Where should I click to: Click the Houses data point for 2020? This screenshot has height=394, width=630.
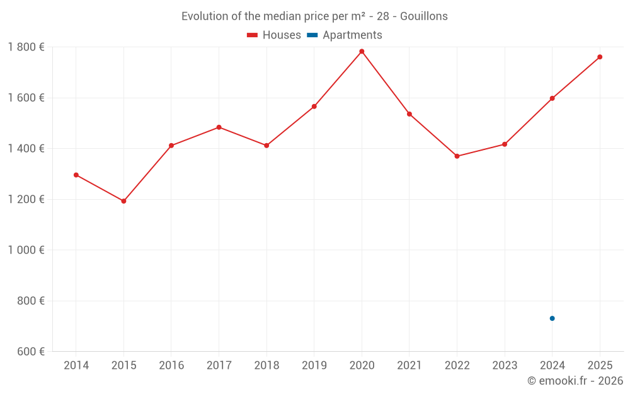(x=362, y=52)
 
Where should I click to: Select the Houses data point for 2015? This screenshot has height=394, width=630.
(x=123, y=201)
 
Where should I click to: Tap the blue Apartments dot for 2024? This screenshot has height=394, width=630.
(x=552, y=318)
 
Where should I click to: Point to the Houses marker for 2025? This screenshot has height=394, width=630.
(x=600, y=57)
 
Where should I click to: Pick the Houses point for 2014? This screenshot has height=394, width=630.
(x=76, y=175)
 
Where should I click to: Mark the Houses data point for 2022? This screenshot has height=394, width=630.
(x=457, y=156)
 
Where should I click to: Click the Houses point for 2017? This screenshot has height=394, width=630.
(x=219, y=127)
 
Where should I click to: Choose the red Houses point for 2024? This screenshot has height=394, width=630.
(x=552, y=98)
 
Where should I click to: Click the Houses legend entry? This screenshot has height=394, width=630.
(x=274, y=35)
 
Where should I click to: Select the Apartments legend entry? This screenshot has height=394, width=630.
(x=345, y=35)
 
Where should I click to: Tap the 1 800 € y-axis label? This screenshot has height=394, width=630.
(x=26, y=47)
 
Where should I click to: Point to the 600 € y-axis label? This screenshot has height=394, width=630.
(x=30, y=351)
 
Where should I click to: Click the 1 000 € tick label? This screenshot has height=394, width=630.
(x=26, y=250)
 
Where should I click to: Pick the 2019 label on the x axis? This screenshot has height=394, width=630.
(x=314, y=366)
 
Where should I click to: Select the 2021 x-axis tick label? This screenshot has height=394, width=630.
(x=409, y=366)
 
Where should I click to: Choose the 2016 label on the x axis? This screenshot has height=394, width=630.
(x=171, y=366)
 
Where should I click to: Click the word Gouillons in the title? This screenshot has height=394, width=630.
(x=424, y=16)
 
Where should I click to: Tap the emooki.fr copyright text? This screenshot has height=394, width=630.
(x=575, y=381)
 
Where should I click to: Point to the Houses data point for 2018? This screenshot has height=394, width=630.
(x=266, y=146)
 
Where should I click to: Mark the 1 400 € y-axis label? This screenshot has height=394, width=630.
(x=26, y=149)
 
